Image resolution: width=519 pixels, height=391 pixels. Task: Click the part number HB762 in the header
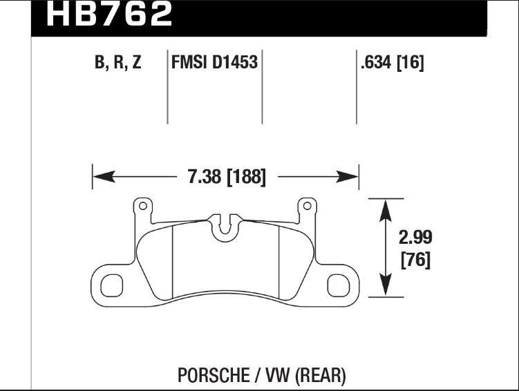(110, 13)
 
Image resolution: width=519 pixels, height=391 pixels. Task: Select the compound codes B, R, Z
(118, 62)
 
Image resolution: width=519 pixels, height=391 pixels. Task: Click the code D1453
(235, 62)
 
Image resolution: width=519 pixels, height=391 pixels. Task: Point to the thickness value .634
(376, 62)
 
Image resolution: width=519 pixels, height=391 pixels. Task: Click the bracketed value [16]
(411, 62)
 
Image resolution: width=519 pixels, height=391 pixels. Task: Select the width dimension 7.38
(205, 177)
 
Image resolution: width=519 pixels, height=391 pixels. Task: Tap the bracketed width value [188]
(246, 177)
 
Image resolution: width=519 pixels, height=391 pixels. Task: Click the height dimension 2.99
(415, 238)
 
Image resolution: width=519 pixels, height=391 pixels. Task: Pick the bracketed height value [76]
(415, 260)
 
